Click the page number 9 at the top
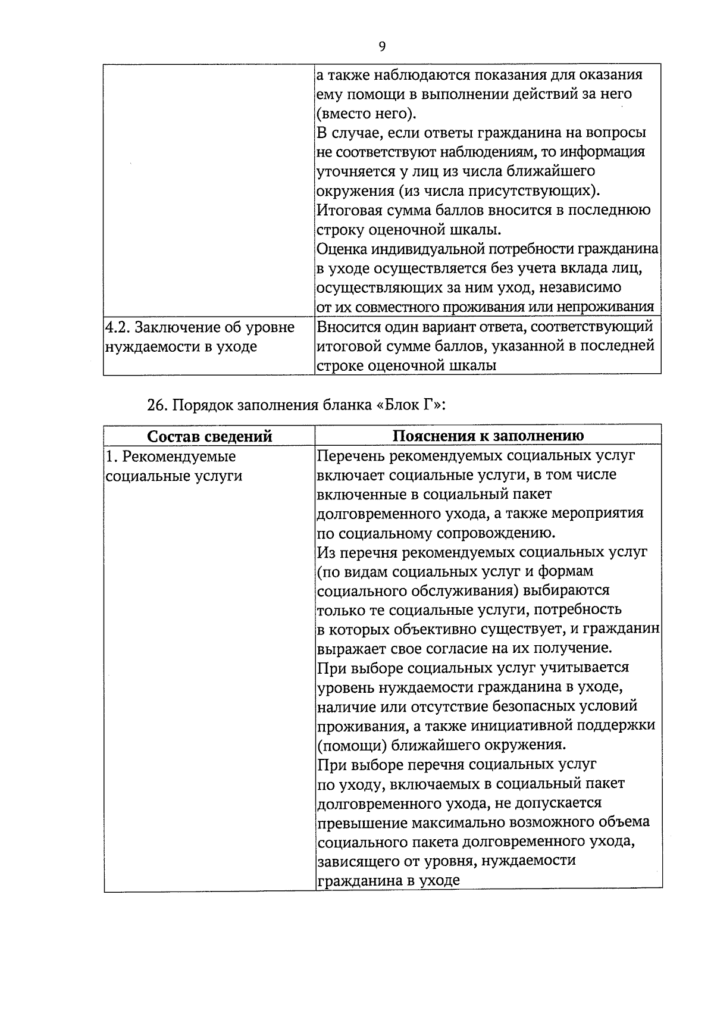click(x=381, y=46)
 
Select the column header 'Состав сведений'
click(x=209, y=436)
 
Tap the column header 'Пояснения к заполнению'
click(x=488, y=435)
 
